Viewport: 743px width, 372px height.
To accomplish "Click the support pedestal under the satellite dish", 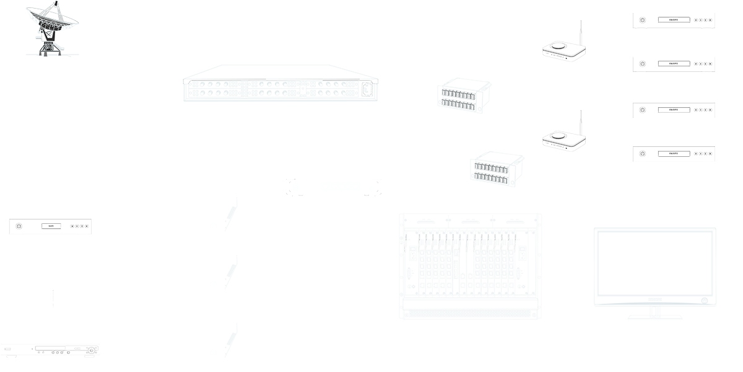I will (48, 46).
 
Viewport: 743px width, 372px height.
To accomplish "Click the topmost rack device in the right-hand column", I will (674, 20).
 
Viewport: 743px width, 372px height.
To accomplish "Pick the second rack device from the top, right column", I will (674, 64).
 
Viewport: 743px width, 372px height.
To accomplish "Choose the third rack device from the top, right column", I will (674, 110).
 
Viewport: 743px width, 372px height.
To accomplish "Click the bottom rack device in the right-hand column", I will (674, 153).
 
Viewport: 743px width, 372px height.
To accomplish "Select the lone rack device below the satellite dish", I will (50, 226).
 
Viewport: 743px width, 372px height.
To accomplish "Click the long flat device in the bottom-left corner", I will (50, 350).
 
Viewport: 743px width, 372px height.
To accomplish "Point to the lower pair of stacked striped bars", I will (491, 172).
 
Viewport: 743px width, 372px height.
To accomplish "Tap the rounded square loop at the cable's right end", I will (367, 90).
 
